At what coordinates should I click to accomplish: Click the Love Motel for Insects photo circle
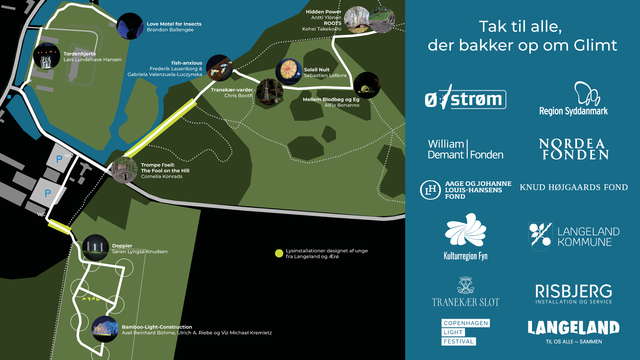130,26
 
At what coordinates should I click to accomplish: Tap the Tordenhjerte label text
80,54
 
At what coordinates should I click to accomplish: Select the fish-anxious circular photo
219,68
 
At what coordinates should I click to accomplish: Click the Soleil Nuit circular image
289,72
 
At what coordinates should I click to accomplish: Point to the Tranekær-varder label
232,90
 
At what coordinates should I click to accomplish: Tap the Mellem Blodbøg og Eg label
331,99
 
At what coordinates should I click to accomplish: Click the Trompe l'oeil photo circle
125,170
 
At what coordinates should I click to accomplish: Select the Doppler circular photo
96,248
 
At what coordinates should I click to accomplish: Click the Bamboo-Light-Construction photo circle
105,329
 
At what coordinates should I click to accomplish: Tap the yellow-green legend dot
279,254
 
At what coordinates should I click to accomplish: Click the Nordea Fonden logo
574,149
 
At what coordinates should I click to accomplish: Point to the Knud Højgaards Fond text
574,187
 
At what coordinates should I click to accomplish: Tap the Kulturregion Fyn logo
466,237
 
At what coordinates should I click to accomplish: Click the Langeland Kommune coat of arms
540,237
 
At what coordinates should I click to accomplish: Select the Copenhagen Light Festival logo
465,332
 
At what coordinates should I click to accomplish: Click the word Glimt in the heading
595,45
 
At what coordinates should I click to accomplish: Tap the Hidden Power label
323,12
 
